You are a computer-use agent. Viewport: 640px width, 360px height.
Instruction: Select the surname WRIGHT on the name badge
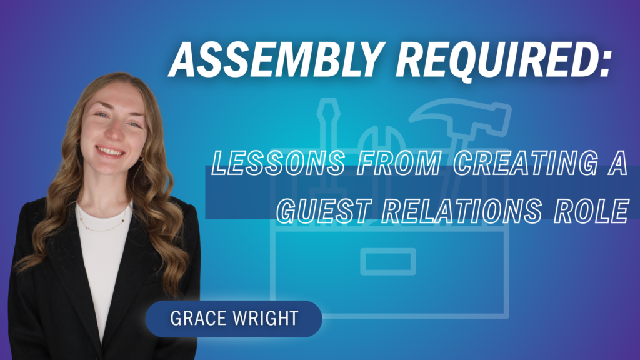pyautogui.click(x=265, y=318)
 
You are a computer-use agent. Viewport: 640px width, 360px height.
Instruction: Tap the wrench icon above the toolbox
pyautogui.click(x=382, y=139)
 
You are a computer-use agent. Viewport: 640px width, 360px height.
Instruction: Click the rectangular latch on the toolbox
pyautogui.click(x=388, y=262)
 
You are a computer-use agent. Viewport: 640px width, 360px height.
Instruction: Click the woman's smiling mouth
pyautogui.click(x=110, y=152)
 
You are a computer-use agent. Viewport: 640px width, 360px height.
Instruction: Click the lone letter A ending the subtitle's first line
pyautogui.click(x=617, y=162)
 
